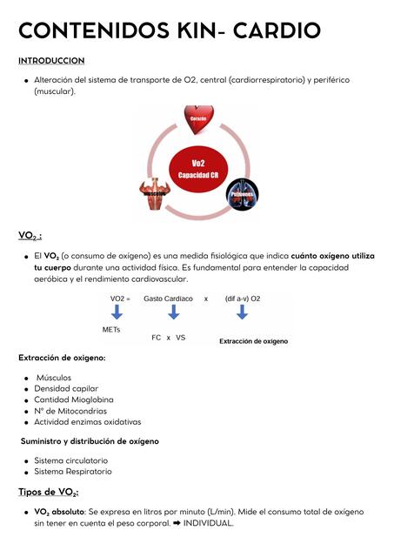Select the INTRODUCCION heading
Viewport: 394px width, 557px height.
coord(51,61)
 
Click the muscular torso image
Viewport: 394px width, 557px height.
coord(154,192)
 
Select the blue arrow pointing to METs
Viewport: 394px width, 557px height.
coord(117,312)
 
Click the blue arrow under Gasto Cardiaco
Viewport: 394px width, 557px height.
coord(174,312)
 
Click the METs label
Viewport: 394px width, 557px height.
coord(112,330)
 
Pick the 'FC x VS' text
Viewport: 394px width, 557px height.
coord(169,337)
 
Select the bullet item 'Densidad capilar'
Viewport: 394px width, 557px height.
coord(66,388)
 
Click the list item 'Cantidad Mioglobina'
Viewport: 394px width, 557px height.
coord(73,399)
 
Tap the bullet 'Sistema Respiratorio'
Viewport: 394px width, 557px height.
coord(72,471)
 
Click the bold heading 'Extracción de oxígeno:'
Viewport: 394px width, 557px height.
coord(62,358)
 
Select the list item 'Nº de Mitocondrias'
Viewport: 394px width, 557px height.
coord(70,411)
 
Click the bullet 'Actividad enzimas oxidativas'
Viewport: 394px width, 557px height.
coord(87,421)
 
